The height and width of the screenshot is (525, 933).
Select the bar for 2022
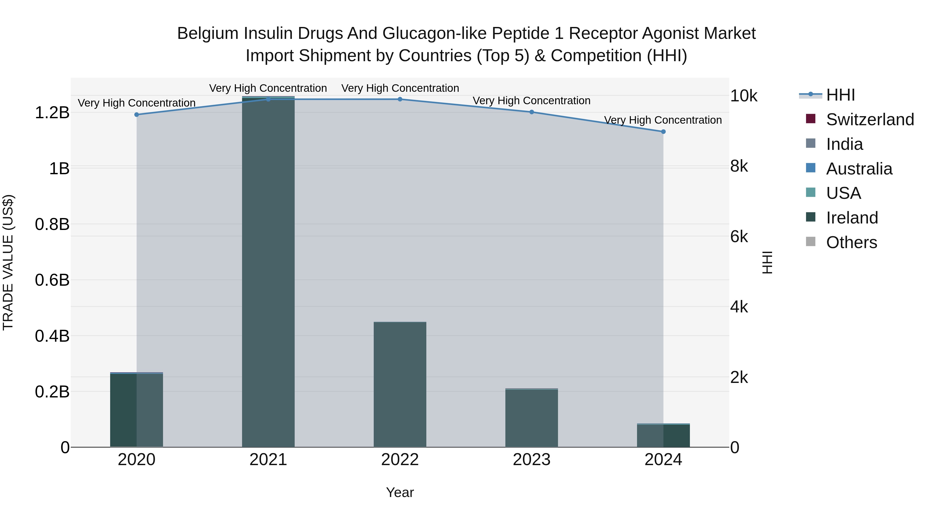[x=400, y=384]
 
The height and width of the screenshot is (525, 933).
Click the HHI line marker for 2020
[x=137, y=115]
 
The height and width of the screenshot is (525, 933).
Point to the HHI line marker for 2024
[x=663, y=131]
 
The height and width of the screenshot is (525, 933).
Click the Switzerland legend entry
[x=869, y=120]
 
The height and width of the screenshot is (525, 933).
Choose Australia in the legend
[x=859, y=169]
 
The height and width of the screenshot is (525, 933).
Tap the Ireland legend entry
[x=852, y=218]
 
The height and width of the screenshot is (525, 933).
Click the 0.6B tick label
[x=52, y=280]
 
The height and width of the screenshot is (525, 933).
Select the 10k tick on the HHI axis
[x=744, y=96]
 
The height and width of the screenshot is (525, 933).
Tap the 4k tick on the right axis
[x=739, y=307]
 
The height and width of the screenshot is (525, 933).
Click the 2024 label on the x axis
[x=663, y=460]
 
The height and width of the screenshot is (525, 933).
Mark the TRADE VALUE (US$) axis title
[x=8, y=262]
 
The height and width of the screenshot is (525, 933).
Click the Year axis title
[x=400, y=492]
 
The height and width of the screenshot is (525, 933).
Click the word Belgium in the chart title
[x=208, y=33]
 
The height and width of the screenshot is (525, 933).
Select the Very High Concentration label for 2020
[x=137, y=103]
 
